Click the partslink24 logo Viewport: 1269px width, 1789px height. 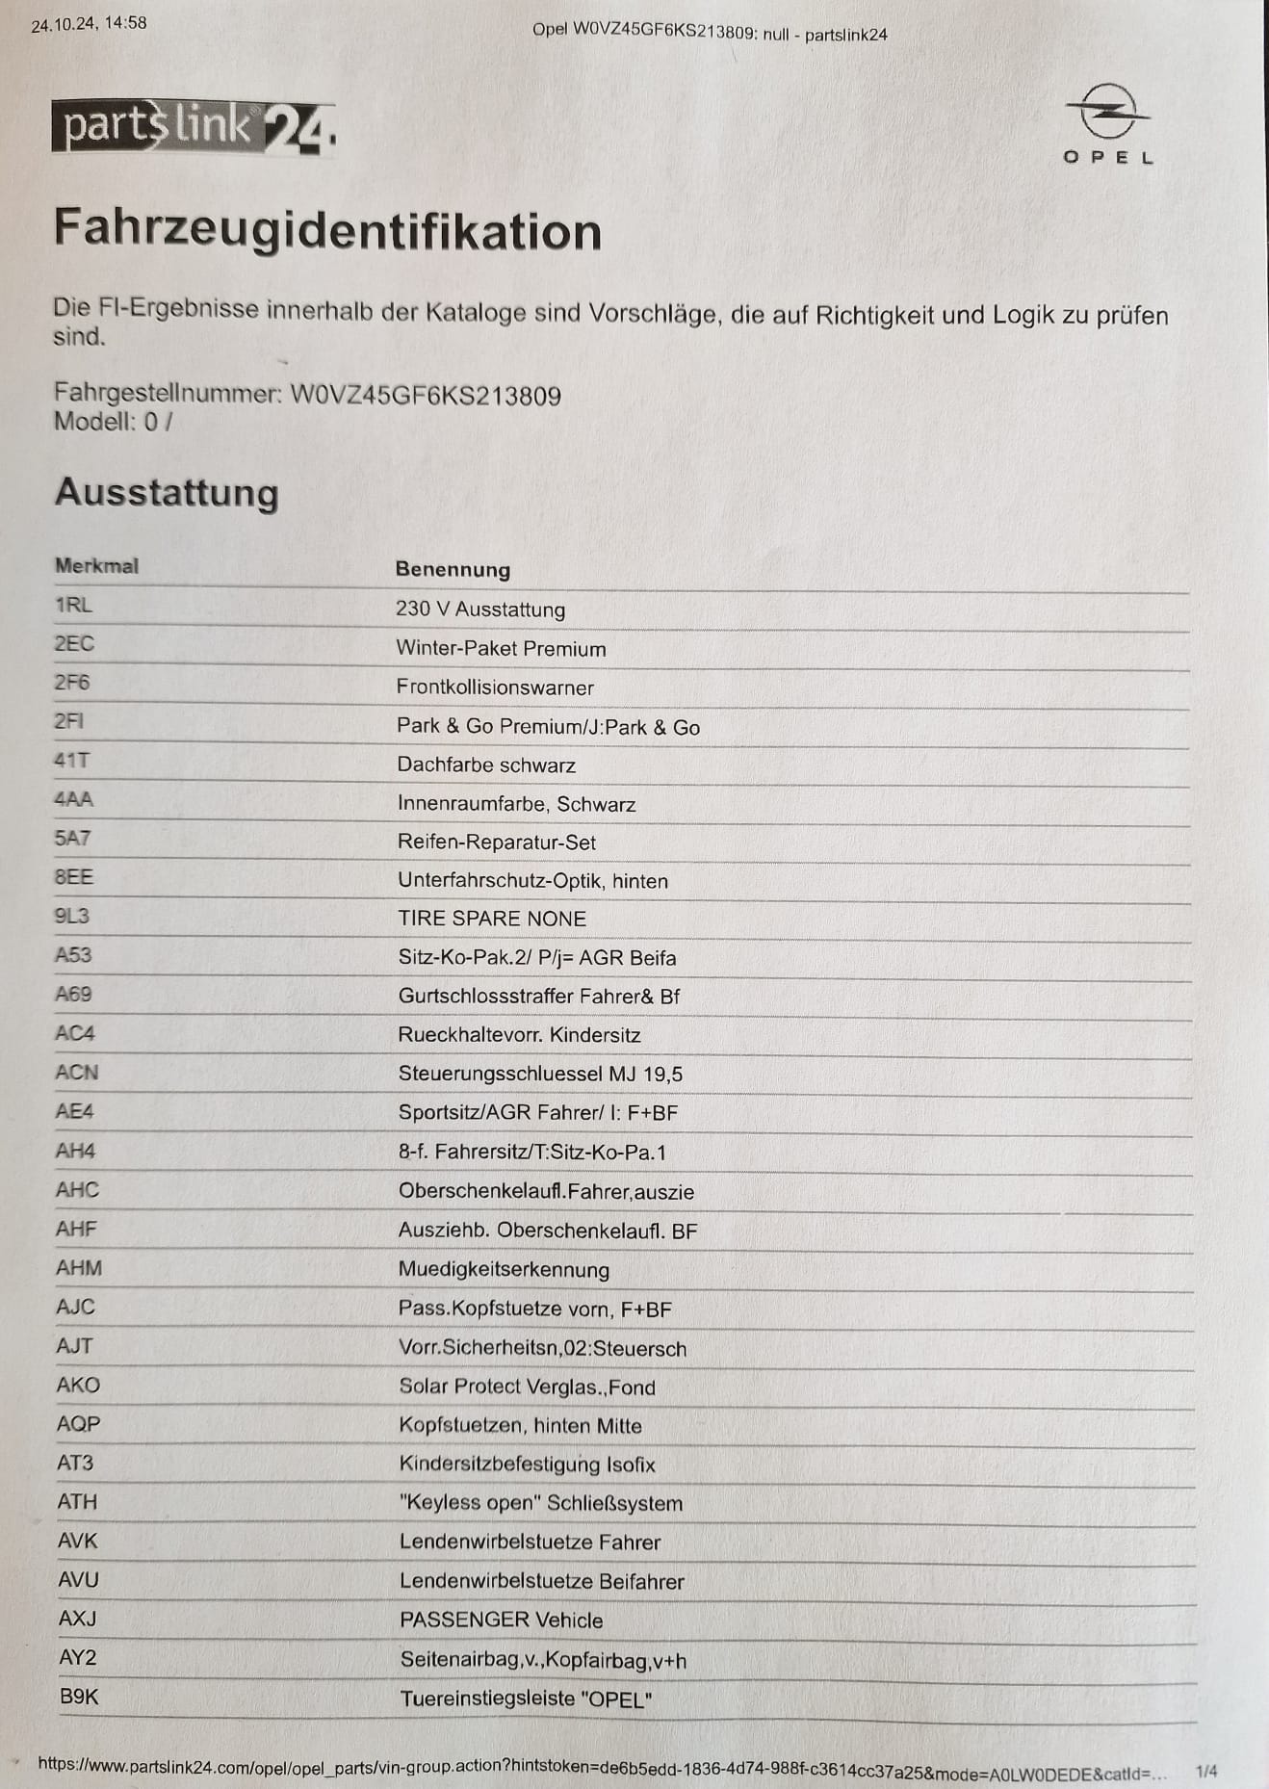tap(194, 128)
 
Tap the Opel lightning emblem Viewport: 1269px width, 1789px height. tap(1108, 113)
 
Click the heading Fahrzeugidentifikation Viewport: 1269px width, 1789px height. tap(327, 230)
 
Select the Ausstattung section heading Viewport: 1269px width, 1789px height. tap(167, 492)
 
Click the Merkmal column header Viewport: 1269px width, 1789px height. tap(96, 566)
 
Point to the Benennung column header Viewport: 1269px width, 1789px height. tap(453, 569)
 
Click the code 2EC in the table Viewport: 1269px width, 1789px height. tap(74, 644)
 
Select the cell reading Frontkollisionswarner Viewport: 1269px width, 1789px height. tap(495, 687)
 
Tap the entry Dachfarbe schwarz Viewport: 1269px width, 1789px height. tap(486, 765)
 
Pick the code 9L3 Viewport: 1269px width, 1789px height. tap(72, 916)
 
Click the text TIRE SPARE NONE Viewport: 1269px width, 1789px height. tap(492, 919)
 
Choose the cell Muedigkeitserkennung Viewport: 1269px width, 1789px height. tap(504, 1270)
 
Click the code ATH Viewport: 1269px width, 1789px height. tap(77, 1502)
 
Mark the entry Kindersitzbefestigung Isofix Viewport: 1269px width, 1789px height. tap(527, 1465)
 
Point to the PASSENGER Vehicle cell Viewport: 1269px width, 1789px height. tap(501, 1620)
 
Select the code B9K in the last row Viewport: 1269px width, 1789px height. tap(79, 1697)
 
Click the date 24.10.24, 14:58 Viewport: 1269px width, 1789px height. tap(89, 24)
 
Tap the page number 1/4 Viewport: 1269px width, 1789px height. tap(1205, 1771)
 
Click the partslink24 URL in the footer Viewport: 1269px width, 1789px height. tap(602, 1768)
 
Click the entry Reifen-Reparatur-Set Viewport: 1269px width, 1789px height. tap(497, 843)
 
